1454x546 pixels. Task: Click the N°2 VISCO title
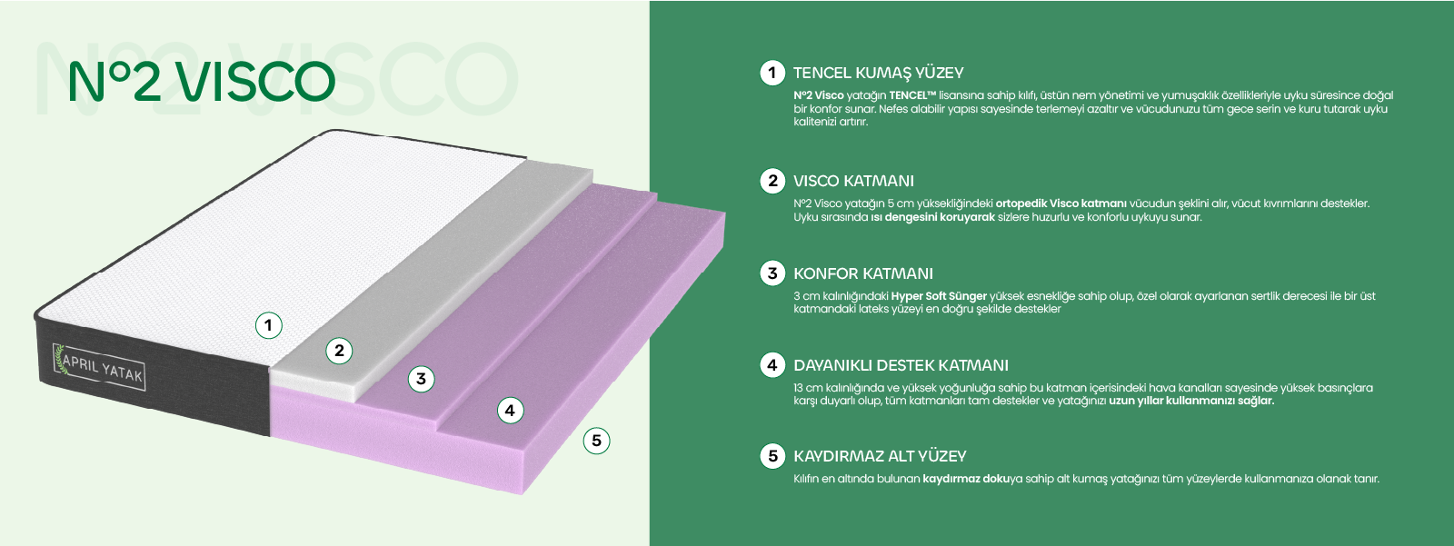202,82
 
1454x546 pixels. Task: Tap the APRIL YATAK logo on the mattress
99,367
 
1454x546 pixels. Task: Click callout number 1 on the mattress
268,325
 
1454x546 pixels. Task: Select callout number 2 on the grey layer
339,351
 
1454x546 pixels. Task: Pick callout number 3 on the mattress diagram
421,379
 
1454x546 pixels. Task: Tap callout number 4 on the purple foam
510,411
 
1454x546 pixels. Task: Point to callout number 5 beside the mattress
596,441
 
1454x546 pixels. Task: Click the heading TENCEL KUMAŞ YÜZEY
878,73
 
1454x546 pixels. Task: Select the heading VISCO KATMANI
853,181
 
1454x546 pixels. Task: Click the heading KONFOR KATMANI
862,273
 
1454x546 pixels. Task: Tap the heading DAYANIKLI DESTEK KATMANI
901,365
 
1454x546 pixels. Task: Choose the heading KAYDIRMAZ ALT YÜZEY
880,456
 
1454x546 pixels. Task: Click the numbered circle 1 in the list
772,73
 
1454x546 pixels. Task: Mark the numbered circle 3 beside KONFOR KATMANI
772,273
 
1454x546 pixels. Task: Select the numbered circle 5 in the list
772,456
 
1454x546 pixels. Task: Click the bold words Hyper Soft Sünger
939,296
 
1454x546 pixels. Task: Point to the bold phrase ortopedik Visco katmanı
1061,204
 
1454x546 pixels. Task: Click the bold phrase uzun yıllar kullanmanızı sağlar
1191,401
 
